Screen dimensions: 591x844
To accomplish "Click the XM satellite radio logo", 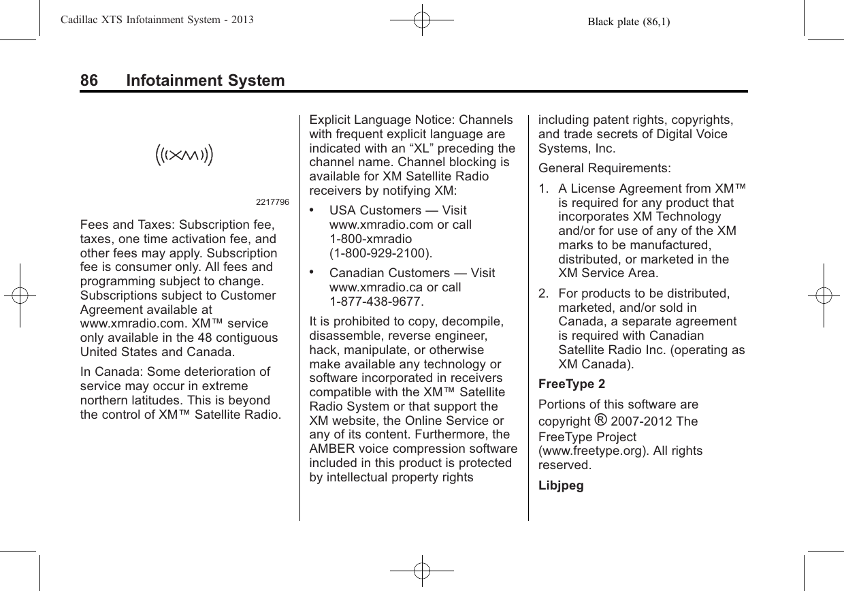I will click(x=184, y=155).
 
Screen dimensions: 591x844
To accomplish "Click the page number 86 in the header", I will click(x=89, y=81).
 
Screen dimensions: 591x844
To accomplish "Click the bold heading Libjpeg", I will click(x=562, y=487).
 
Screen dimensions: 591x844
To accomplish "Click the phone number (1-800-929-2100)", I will click(x=380, y=253).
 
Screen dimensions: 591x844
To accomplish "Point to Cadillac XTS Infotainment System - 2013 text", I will click(x=148, y=20).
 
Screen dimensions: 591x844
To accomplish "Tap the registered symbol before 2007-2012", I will click(x=600, y=420).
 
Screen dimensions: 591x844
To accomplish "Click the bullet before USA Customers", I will click(x=313, y=210).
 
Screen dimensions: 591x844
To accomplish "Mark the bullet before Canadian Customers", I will click(x=313, y=272).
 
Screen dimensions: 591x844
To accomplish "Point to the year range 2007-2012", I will click(x=645, y=421).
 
